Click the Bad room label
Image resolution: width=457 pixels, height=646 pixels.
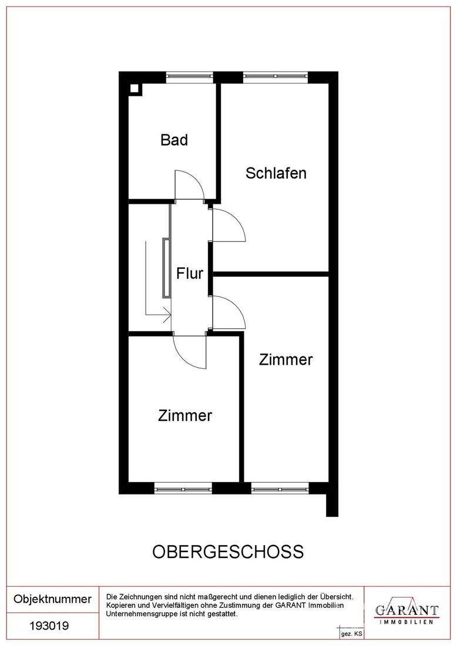click(x=174, y=140)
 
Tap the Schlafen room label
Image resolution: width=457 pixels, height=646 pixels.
click(x=276, y=173)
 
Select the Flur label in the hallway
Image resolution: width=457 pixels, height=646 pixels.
click(x=190, y=273)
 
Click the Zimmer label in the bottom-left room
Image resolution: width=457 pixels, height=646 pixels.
click(x=185, y=416)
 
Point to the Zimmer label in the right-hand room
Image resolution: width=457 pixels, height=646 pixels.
click(x=286, y=359)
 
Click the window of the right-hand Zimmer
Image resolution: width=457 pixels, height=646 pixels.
click(x=280, y=487)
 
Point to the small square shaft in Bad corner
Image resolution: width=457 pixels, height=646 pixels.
click(x=135, y=89)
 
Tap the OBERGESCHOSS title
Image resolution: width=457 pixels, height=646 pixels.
click(x=228, y=552)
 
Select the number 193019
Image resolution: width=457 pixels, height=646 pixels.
click(x=49, y=626)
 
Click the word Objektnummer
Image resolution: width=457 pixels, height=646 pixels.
click(x=53, y=599)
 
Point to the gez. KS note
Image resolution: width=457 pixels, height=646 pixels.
click(x=351, y=635)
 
